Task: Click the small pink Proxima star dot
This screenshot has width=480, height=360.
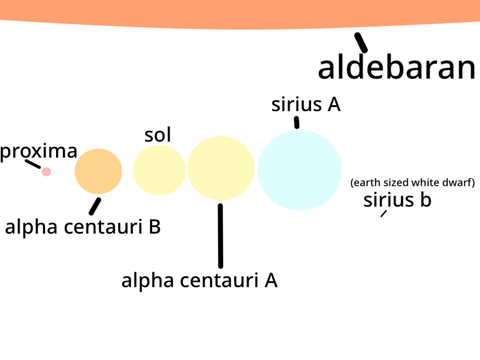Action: coord(46,172)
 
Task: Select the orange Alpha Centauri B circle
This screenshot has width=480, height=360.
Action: coord(98,171)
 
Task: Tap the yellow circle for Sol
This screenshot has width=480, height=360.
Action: coord(159,170)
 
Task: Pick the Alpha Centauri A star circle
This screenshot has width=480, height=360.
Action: coord(221,168)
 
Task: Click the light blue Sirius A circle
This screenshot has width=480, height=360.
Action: coord(300,170)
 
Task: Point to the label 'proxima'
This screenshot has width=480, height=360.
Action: coord(39,152)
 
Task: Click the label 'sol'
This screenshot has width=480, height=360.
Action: coord(158,135)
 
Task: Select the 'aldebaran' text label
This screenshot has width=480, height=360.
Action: coord(397,67)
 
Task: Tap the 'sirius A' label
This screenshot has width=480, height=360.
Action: coord(306,104)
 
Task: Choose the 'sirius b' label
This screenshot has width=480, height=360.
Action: coord(397,200)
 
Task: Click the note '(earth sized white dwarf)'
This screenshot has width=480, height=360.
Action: coord(413,182)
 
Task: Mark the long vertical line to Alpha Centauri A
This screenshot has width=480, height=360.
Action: coord(220,236)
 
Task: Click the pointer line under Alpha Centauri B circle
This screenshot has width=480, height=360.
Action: coord(95,206)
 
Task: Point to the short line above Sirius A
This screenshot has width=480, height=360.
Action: coord(297,122)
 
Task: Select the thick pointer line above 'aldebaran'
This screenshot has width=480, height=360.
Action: coord(361,42)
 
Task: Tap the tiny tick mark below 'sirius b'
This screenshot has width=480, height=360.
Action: coord(384,213)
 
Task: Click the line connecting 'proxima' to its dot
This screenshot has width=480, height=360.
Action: coord(33,164)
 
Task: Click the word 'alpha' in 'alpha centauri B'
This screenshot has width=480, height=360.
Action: coord(31,228)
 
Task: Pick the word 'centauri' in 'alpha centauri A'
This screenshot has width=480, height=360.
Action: coord(219,280)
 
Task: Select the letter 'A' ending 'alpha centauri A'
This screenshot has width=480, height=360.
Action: coord(271,280)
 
